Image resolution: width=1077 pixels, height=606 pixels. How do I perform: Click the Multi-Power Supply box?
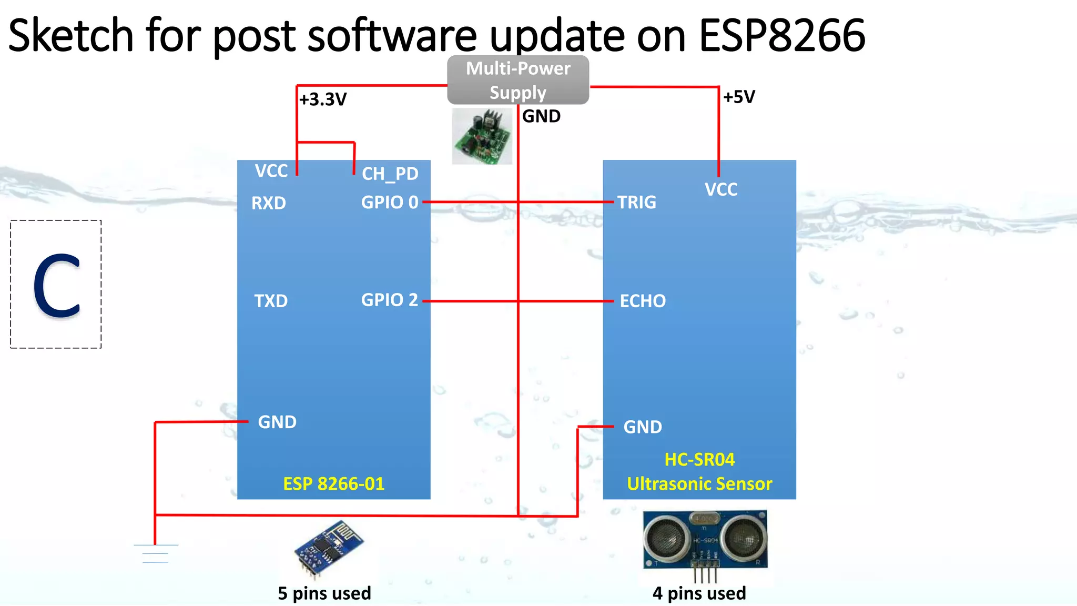tap(518, 80)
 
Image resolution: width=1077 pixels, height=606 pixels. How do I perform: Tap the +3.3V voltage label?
tap(323, 99)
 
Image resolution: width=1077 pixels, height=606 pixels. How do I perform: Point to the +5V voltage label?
tap(739, 97)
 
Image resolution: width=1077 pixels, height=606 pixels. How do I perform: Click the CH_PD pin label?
tap(390, 174)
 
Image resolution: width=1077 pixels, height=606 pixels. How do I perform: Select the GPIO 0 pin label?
tap(390, 202)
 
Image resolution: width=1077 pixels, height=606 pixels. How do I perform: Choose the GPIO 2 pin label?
tap(389, 300)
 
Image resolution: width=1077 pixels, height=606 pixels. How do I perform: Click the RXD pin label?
tap(269, 203)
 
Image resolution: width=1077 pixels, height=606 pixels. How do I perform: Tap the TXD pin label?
tap(271, 301)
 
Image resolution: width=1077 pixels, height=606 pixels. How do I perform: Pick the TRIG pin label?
tap(636, 202)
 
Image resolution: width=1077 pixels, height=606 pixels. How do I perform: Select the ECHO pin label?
tap(643, 301)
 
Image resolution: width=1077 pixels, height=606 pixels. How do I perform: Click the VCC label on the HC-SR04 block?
tap(721, 189)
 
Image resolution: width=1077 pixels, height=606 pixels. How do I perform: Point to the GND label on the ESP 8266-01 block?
tap(277, 422)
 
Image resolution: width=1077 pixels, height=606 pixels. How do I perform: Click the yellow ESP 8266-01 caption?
tap(333, 483)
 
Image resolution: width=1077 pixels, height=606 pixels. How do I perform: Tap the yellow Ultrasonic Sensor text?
tap(699, 483)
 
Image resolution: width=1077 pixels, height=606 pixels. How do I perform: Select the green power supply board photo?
tap(482, 136)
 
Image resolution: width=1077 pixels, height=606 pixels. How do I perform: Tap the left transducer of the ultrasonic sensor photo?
tap(665, 538)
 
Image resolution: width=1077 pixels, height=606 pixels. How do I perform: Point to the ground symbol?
tap(156, 553)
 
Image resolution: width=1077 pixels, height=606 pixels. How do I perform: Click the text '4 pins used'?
tap(699, 593)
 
